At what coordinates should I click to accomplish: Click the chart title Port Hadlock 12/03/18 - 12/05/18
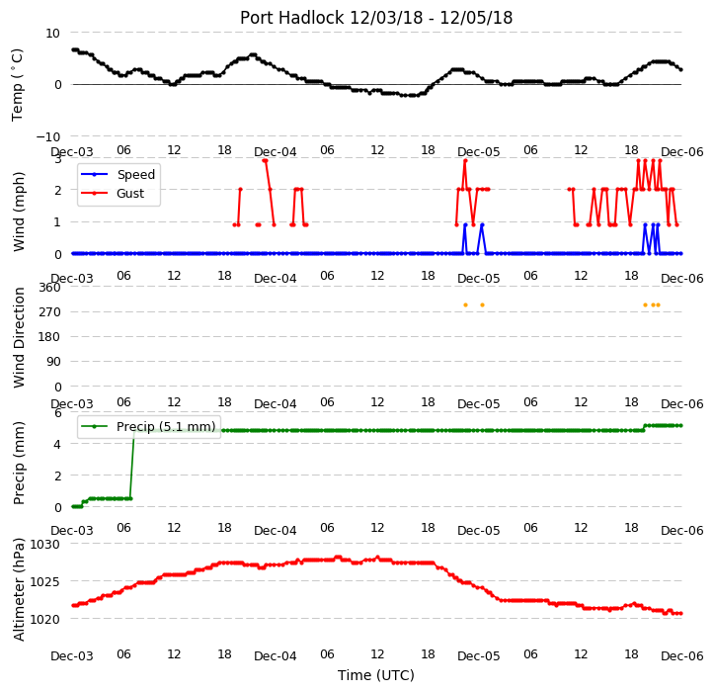pyautogui.click(x=376, y=18)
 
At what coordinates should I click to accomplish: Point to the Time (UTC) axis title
pyautogui.click(x=376, y=674)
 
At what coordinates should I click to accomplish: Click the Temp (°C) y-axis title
pyautogui.click(x=18, y=85)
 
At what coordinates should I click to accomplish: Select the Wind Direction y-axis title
pyautogui.click(x=19, y=337)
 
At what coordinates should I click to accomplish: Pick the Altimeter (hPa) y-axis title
pyautogui.click(x=19, y=589)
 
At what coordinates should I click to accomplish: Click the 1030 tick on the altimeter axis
pyautogui.click(x=44, y=544)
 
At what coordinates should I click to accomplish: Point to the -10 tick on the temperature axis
pyautogui.click(x=48, y=136)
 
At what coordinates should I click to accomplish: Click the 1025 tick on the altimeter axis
pyautogui.click(x=44, y=581)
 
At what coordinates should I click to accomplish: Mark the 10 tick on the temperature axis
pyautogui.click(x=52, y=34)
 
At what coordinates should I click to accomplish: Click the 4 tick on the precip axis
pyautogui.click(x=57, y=444)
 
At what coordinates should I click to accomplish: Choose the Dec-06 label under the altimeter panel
pyautogui.click(x=681, y=656)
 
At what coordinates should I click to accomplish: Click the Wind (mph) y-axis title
pyautogui.click(x=19, y=212)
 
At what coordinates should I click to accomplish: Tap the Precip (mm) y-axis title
pyautogui.click(x=19, y=463)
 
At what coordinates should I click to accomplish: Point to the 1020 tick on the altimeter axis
pyautogui.click(x=44, y=619)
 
